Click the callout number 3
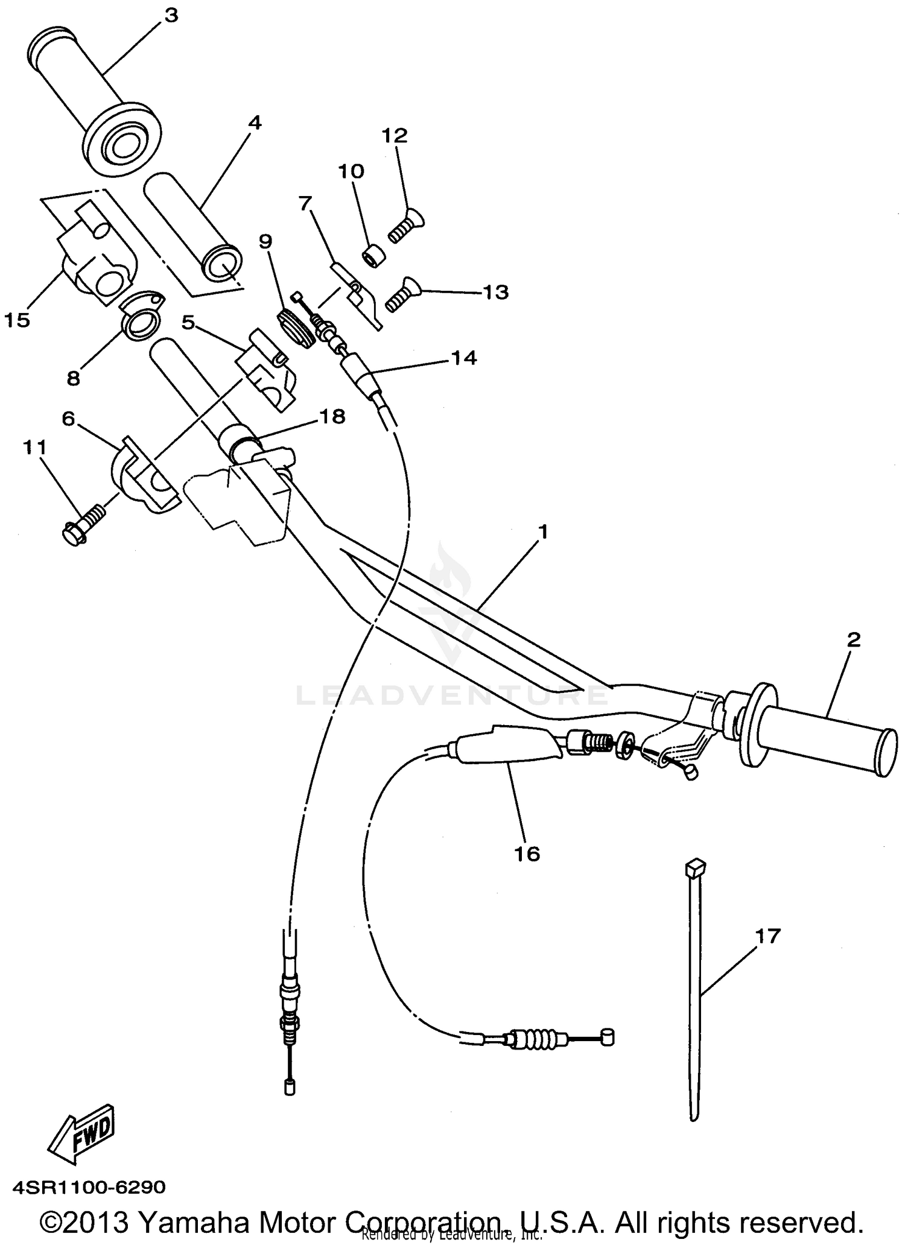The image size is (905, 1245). [172, 15]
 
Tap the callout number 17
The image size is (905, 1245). [767, 936]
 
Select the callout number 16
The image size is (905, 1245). [527, 854]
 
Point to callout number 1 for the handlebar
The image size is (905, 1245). [544, 532]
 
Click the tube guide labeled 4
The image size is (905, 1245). [192, 226]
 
